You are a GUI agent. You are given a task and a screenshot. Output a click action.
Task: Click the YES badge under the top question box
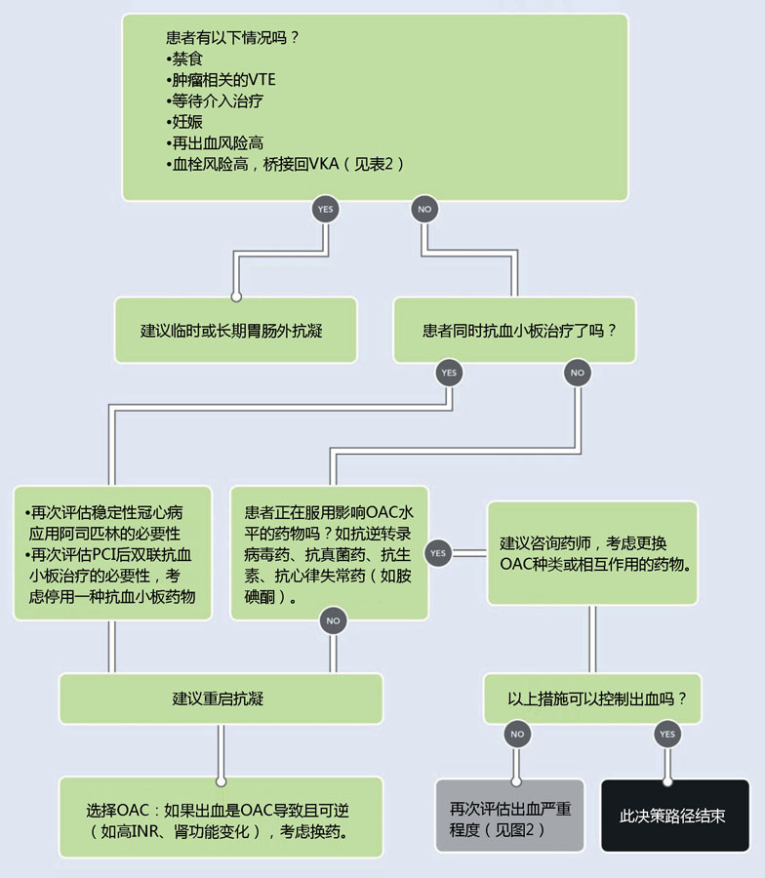point(325,210)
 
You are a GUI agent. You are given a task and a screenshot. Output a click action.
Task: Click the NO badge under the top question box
point(424,210)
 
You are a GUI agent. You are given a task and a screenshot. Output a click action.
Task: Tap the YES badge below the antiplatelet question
point(449,373)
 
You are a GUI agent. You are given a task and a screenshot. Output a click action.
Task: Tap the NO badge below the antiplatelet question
point(578,373)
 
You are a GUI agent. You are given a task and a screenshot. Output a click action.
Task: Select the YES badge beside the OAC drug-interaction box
point(438,553)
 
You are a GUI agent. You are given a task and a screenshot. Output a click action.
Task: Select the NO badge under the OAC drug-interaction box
point(333,620)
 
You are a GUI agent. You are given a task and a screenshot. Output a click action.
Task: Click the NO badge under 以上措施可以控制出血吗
point(517,734)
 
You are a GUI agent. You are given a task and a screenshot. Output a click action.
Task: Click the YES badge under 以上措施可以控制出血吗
point(667,734)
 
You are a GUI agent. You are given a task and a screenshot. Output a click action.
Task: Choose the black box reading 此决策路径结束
point(675,816)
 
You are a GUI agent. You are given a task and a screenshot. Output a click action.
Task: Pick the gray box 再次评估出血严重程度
point(510,816)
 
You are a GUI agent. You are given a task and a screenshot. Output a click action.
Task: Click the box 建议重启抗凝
point(221,698)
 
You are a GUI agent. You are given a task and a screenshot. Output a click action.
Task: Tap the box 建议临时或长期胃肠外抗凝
point(236,331)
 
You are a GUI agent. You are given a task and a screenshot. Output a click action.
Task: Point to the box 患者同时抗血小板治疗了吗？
point(514,331)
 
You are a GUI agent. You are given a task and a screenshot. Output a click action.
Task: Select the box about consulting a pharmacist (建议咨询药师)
point(592,553)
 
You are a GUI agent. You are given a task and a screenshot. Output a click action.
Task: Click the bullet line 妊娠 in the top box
point(184,122)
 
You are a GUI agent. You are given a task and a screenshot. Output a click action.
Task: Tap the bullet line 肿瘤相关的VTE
point(221,80)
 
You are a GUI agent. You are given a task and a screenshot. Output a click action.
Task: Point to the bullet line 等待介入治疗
point(215,100)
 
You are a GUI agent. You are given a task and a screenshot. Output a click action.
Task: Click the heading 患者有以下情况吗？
point(233,37)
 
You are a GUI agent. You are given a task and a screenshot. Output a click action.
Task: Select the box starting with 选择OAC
point(221,817)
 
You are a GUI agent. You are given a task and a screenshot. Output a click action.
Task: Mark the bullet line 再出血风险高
point(215,143)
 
